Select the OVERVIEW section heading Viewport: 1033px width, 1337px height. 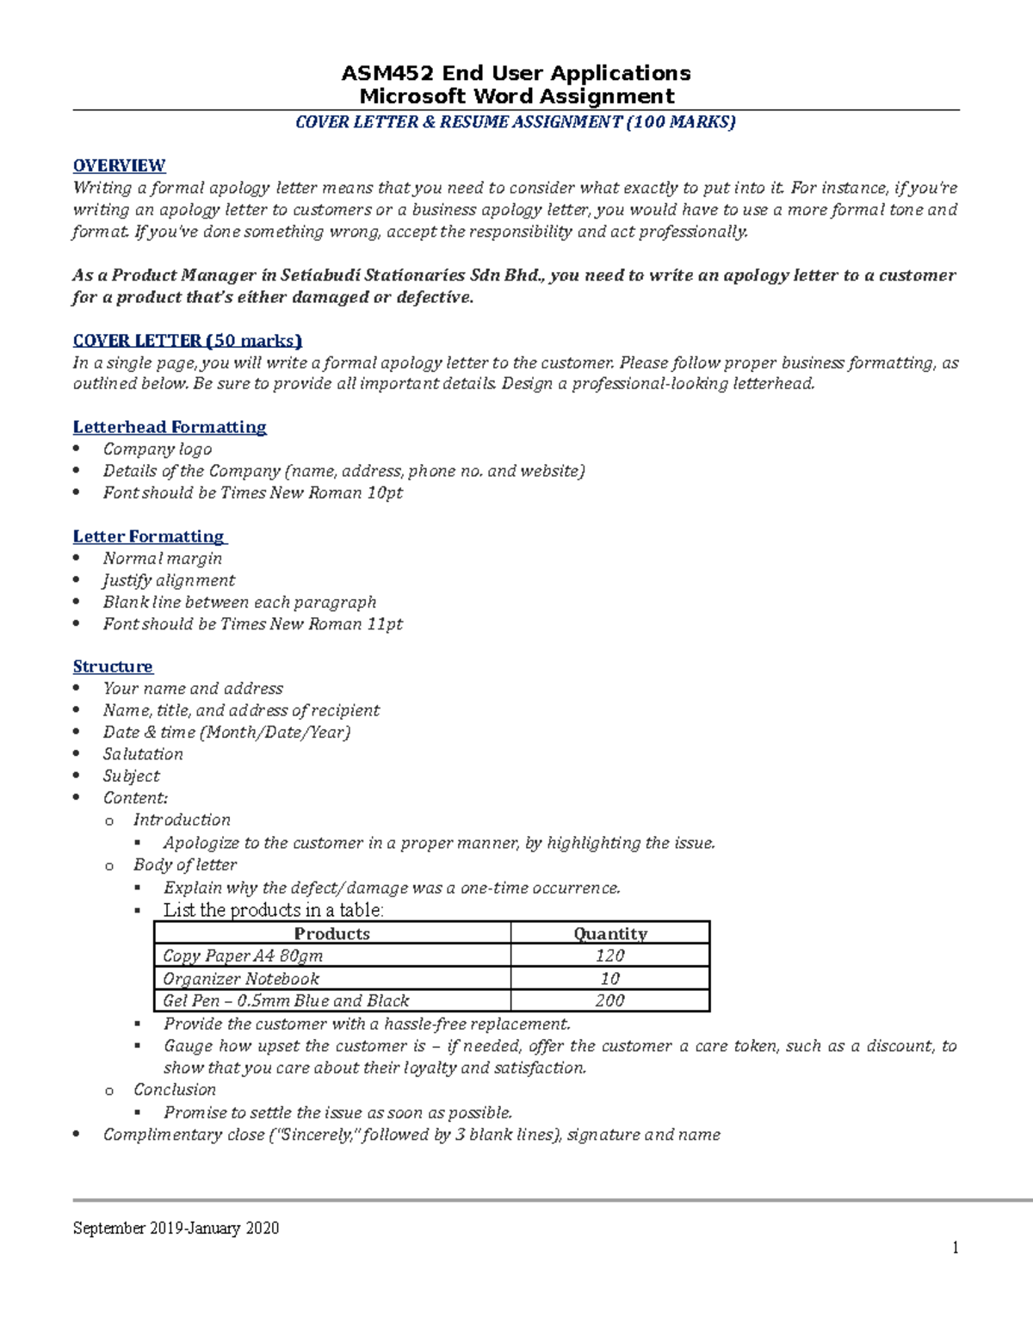coord(119,165)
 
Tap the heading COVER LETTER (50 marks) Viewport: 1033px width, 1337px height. coord(187,340)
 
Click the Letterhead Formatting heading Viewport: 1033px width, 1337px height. coord(170,427)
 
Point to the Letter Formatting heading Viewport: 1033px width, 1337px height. coord(149,536)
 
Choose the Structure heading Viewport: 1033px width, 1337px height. coord(113,666)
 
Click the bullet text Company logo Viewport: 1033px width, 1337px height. coord(158,449)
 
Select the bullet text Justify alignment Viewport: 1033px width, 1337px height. coord(169,580)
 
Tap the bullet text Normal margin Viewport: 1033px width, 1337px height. coord(163,559)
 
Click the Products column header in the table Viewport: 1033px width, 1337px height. coord(331,934)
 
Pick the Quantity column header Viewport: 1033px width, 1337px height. coord(610,934)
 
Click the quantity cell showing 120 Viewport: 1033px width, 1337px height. coord(610,956)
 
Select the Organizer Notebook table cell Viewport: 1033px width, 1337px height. coord(241,979)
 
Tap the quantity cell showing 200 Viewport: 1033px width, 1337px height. coord(610,1001)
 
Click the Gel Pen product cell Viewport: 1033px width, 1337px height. coord(286,1001)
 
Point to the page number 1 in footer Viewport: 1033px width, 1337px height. coord(955,1248)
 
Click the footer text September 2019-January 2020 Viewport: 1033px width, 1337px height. coord(176,1229)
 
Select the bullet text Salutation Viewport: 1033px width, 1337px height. coord(143,754)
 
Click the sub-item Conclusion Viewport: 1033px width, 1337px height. coord(175,1090)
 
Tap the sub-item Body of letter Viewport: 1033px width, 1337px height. coord(185,865)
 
